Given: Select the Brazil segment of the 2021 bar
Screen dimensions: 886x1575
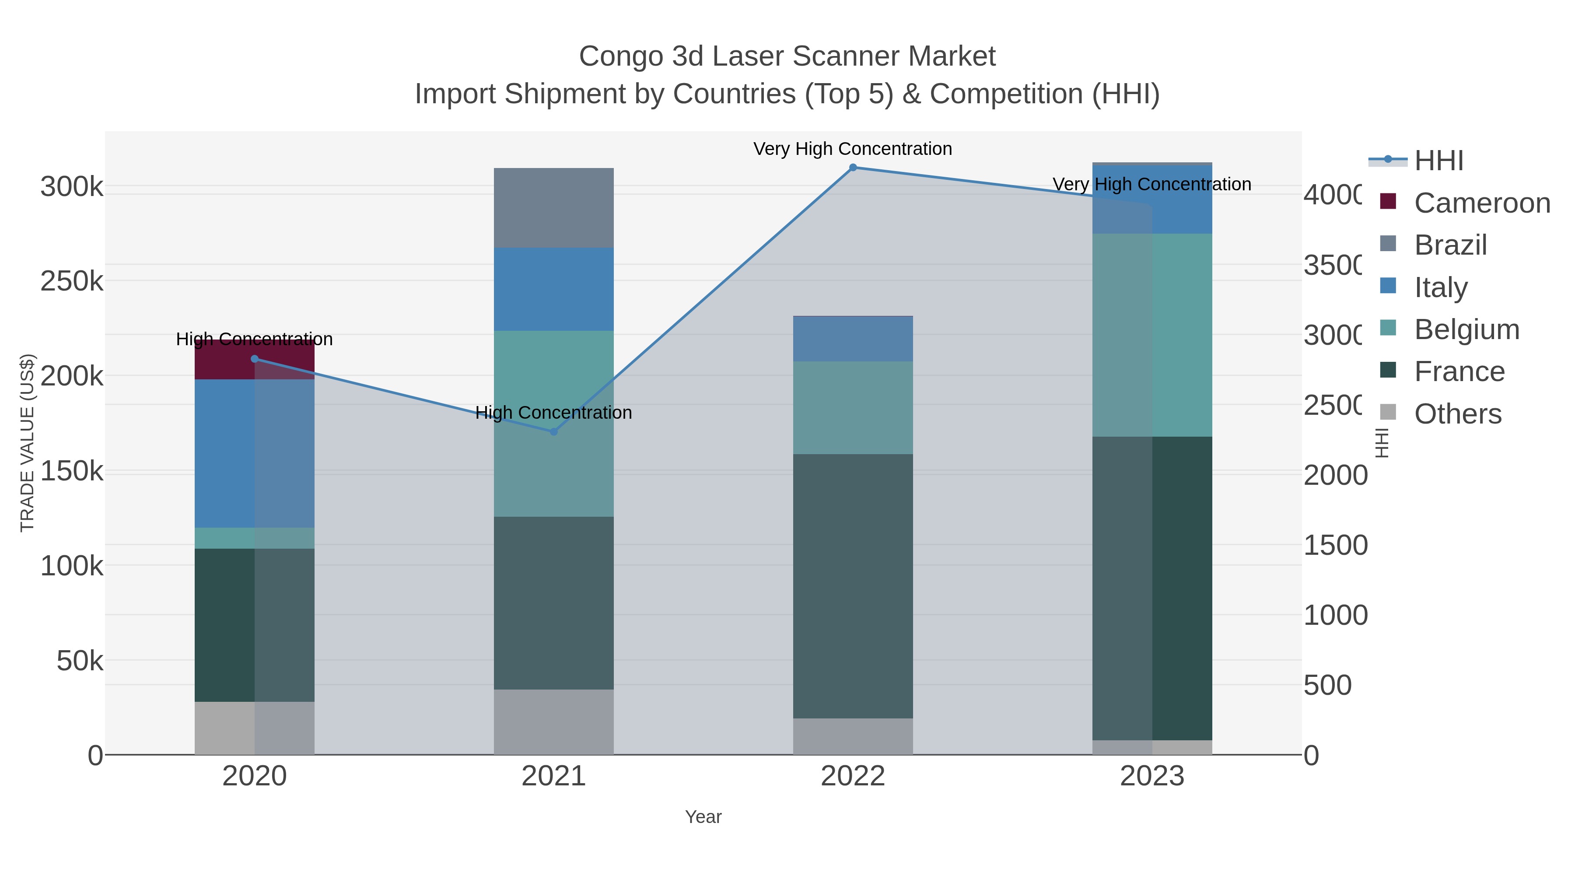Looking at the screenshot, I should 553,207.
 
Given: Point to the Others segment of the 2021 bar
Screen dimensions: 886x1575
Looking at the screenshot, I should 553,721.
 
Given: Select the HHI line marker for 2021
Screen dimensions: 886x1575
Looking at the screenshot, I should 553,432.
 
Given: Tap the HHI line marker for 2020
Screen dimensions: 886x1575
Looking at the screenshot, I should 254,359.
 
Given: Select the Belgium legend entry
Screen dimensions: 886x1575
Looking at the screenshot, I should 1466,329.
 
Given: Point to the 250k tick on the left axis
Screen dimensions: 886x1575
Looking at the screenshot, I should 72,282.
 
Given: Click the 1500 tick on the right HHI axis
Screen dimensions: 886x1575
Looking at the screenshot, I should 1335,546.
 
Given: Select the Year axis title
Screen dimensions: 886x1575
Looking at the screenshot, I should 703,817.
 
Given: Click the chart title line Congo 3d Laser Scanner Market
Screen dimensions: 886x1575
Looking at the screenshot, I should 787,56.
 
